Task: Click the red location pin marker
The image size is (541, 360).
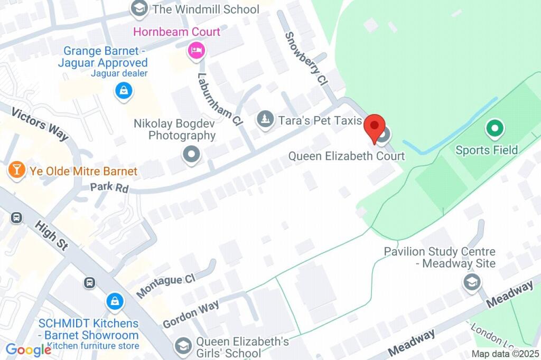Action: pyautogui.click(x=375, y=127)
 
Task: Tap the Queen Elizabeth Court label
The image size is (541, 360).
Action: pyautogui.click(x=346, y=156)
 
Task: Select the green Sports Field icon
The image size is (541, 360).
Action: pyautogui.click(x=495, y=128)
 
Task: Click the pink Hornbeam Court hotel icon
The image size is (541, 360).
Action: pyautogui.click(x=197, y=51)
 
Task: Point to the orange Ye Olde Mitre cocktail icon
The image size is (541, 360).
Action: pyautogui.click(x=17, y=170)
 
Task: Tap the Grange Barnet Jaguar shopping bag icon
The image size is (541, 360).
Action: pyautogui.click(x=123, y=90)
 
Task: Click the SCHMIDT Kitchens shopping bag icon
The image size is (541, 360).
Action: pyautogui.click(x=114, y=302)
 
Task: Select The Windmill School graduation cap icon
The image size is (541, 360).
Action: pyautogui.click(x=139, y=8)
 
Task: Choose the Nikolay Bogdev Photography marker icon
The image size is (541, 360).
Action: pyautogui.click(x=191, y=155)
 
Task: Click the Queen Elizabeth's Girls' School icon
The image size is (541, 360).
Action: pyautogui.click(x=183, y=345)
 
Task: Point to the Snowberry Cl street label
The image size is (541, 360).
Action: pyautogui.click(x=307, y=59)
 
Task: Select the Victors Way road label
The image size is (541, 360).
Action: pyautogui.click(x=40, y=124)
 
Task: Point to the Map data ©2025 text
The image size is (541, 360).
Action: pyautogui.click(x=505, y=354)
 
